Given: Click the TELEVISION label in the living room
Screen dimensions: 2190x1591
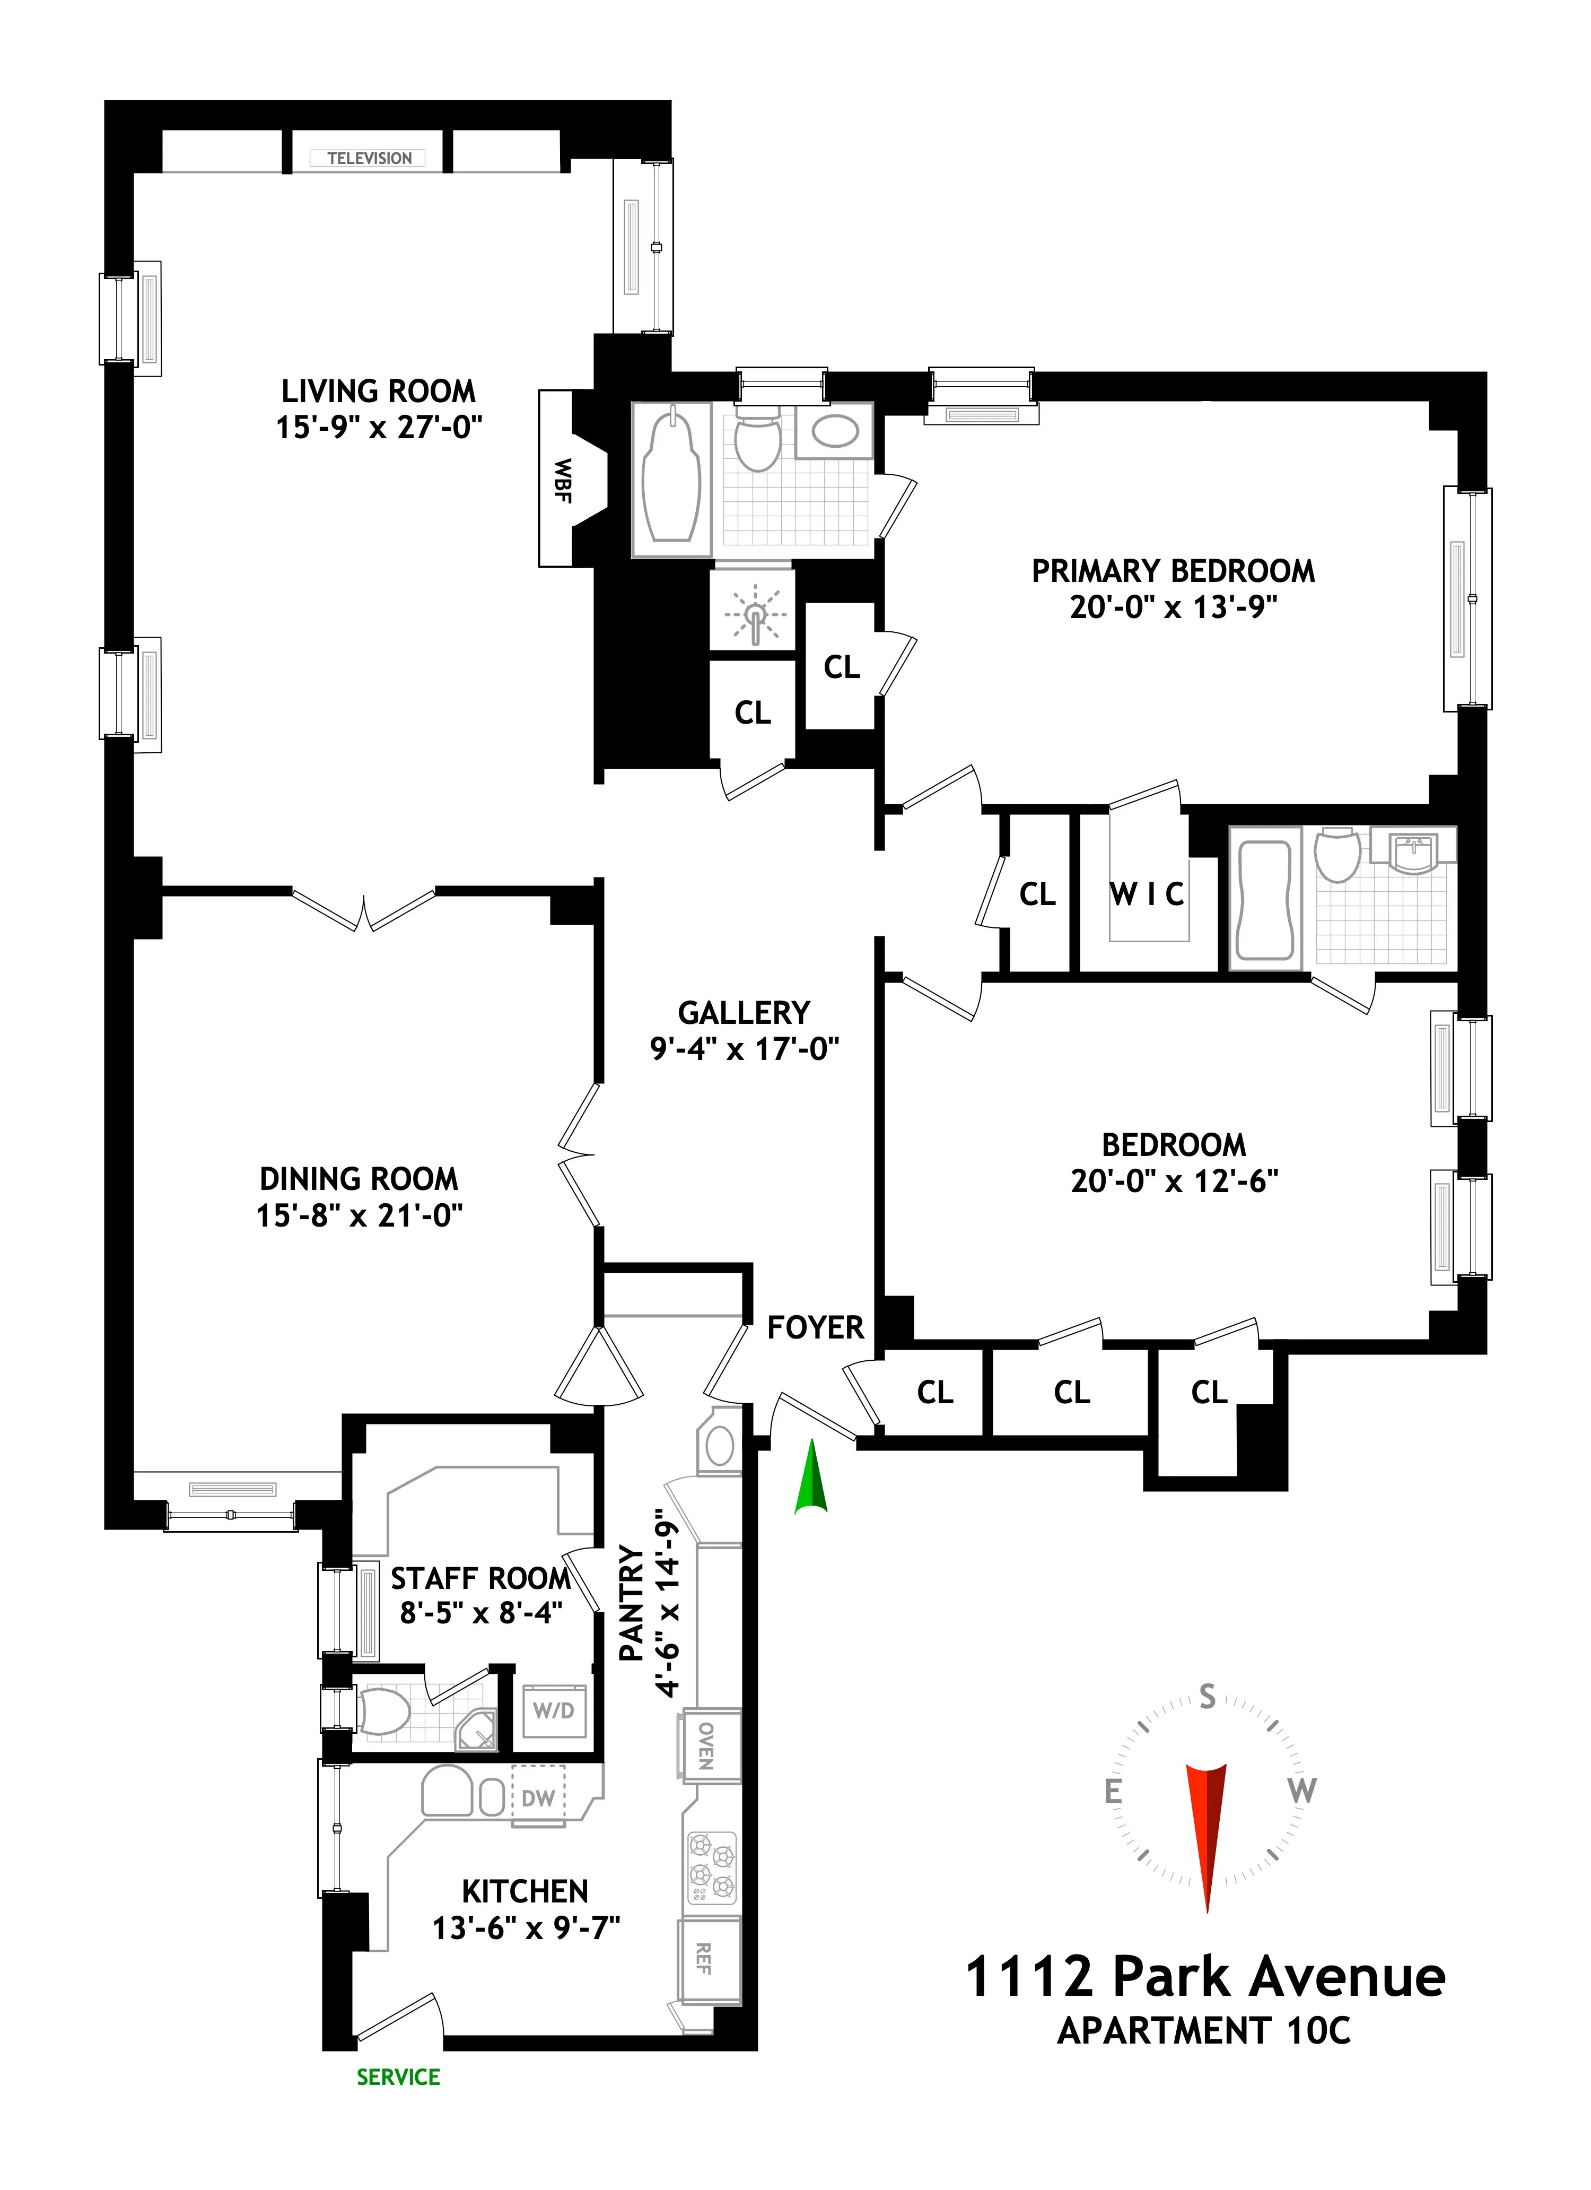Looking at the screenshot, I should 369,158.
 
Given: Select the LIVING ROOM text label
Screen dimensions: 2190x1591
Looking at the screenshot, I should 379,391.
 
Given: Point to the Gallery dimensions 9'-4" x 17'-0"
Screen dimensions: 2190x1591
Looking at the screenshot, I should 745,1049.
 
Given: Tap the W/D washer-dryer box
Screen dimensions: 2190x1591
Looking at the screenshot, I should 553,1710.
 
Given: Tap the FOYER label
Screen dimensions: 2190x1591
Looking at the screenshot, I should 815,1328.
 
